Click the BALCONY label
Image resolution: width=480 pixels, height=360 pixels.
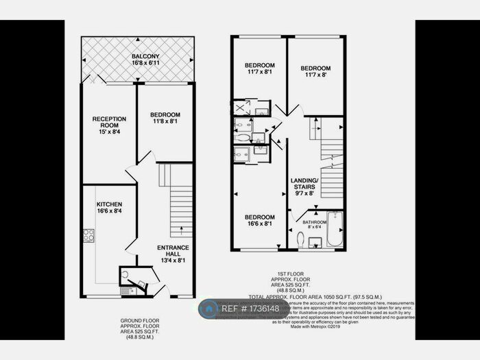143,56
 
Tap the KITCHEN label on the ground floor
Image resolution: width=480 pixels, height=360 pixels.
109,204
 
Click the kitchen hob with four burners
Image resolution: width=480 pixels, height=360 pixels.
88,236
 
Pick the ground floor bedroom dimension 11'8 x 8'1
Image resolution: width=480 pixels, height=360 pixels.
165,122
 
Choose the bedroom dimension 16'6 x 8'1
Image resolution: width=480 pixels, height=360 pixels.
260,224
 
